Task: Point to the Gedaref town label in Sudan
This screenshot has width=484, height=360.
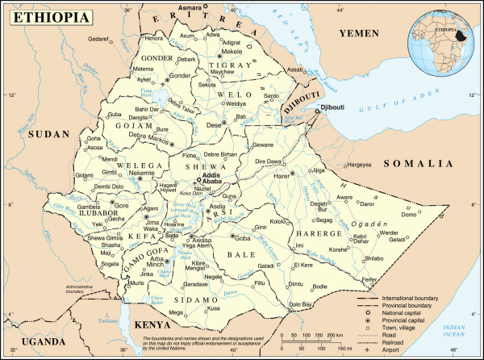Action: (x=98, y=39)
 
